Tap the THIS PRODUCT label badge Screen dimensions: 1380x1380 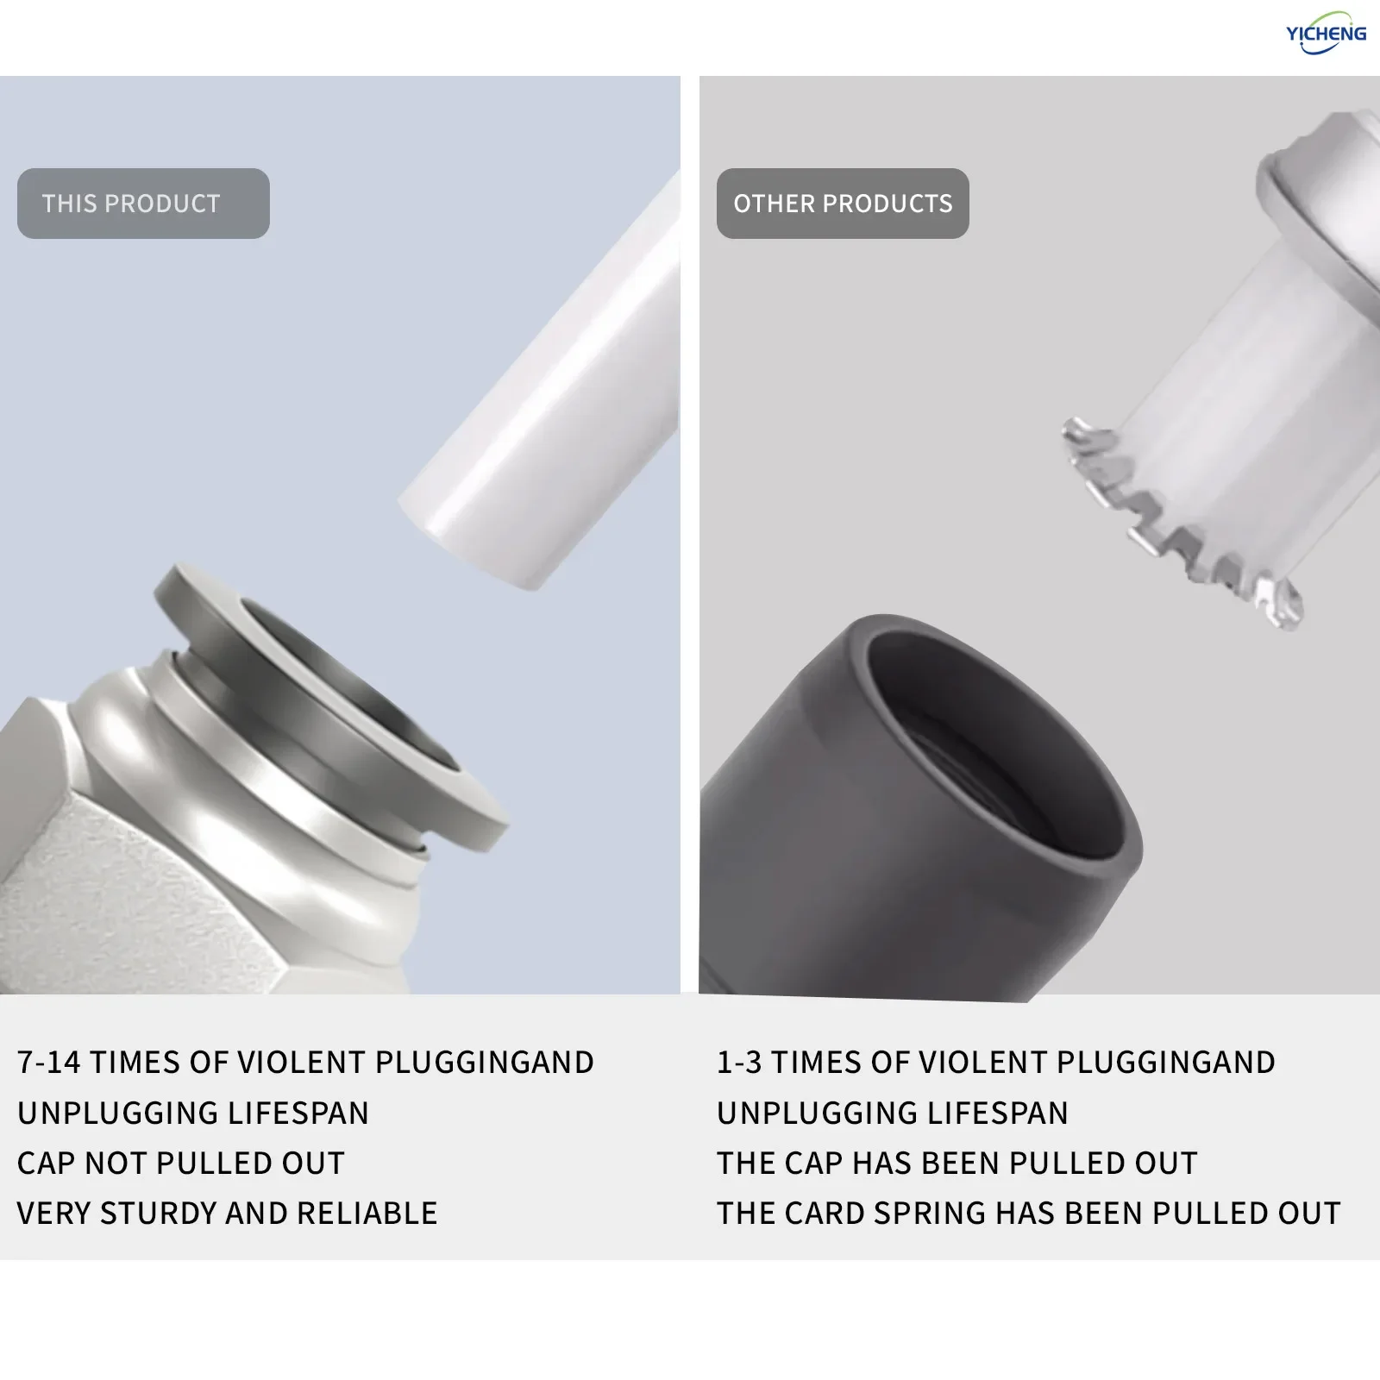click(143, 204)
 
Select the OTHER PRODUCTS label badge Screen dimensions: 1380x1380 click(843, 204)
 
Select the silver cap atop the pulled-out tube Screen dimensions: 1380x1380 click(1320, 198)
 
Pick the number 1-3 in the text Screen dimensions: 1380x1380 click(739, 1063)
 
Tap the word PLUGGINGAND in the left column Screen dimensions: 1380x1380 click(485, 1063)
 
